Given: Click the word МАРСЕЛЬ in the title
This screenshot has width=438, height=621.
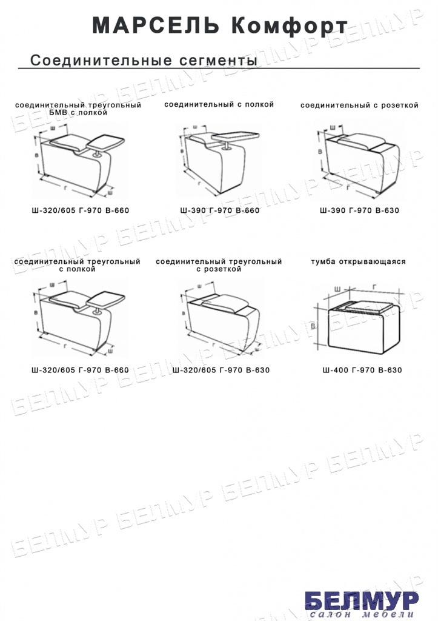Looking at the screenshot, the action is tap(156, 25).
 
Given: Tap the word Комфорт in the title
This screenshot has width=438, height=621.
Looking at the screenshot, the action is tap(289, 26).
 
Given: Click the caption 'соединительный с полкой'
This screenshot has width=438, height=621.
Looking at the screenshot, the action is tap(219, 104).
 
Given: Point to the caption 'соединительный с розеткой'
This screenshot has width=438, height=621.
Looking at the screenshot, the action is tap(359, 106).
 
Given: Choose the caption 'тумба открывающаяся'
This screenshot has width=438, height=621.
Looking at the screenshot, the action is tap(359, 262).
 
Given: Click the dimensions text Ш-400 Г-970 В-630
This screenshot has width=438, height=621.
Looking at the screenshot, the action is tap(362, 371).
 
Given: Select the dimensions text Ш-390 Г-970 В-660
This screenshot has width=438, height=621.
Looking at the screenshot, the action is tap(220, 210).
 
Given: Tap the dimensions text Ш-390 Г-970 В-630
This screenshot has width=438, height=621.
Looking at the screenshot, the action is tap(360, 210).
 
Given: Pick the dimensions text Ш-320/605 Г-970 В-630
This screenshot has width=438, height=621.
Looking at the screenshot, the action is tap(221, 371).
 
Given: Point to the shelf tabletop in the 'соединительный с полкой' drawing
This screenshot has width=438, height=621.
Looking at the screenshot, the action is tap(236, 135).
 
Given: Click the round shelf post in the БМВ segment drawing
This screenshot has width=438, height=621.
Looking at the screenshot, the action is tap(96, 155).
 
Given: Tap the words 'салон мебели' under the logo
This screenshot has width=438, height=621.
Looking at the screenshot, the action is tap(362, 614).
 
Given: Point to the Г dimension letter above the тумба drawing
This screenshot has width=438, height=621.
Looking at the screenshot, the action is tap(374, 287).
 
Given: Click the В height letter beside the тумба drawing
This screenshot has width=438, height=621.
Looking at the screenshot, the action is tap(313, 326).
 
